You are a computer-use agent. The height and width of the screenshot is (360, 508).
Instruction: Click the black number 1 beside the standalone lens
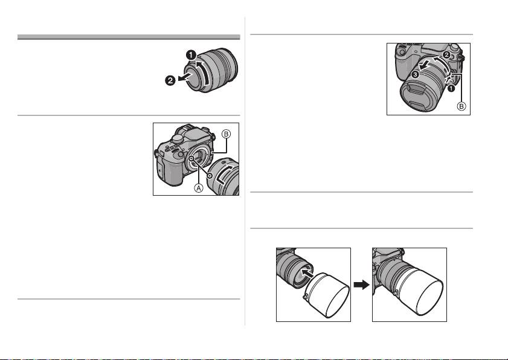pyautogui.click(x=191, y=55)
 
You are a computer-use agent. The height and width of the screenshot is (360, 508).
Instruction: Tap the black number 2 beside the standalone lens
pyautogui.click(x=170, y=80)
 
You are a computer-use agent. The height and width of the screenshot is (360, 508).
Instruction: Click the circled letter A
pyautogui.click(x=199, y=187)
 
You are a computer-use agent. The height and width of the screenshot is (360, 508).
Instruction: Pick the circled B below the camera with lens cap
pyautogui.click(x=461, y=106)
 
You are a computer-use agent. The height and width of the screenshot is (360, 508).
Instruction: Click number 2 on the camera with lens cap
pyautogui.click(x=446, y=55)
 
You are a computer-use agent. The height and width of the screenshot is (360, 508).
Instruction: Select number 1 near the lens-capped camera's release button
pyautogui.click(x=451, y=88)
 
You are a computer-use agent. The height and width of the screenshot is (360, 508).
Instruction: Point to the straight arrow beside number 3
pyautogui.click(x=424, y=65)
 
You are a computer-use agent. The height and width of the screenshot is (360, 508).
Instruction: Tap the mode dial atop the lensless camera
pyautogui.click(x=176, y=139)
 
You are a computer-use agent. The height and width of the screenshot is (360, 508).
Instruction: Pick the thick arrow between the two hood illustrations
pyautogui.click(x=361, y=285)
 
